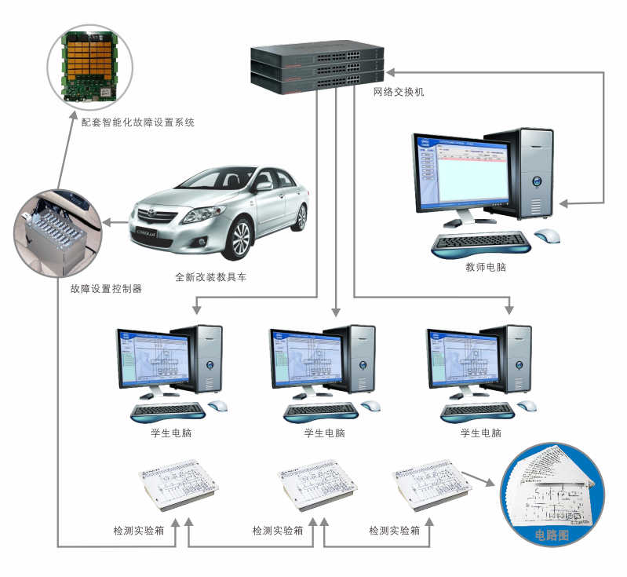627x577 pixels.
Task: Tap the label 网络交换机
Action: [x=399, y=92]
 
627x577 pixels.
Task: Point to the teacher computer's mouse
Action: [x=548, y=235]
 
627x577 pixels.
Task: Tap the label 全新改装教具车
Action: [x=210, y=277]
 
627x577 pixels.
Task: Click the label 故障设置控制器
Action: [x=106, y=288]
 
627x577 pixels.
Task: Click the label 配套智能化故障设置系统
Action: [x=138, y=122]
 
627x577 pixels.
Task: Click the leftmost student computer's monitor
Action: [x=150, y=357]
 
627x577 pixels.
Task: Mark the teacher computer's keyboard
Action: [x=480, y=241]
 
